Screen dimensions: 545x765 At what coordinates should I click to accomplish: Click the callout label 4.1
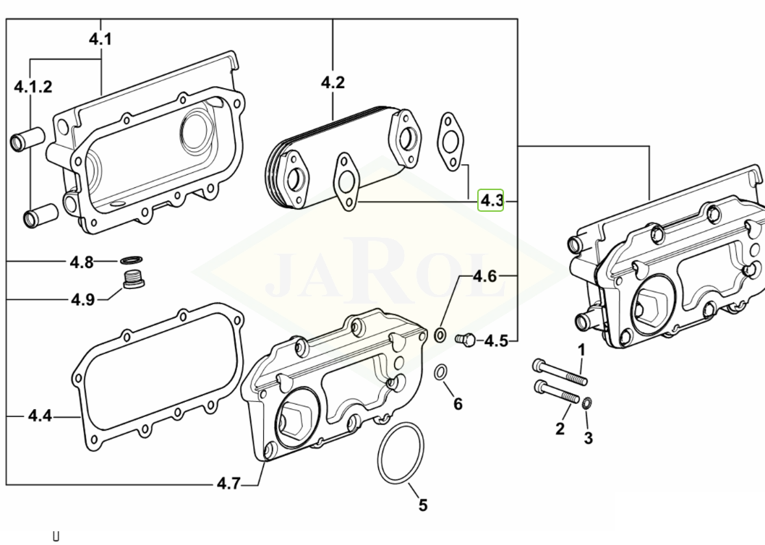[101, 39]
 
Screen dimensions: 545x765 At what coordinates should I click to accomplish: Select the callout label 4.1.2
[33, 87]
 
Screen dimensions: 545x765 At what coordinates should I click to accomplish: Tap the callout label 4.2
[333, 82]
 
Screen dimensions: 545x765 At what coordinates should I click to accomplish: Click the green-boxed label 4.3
[492, 199]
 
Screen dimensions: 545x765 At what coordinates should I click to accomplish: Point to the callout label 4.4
[40, 416]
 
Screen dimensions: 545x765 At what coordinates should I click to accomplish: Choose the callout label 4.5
[496, 340]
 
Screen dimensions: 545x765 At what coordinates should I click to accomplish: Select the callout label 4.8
[81, 262]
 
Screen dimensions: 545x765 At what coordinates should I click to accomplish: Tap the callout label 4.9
[82, 299]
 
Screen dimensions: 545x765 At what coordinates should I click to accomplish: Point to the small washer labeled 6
[440, 373]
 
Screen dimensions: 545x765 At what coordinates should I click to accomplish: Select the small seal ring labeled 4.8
[131, 260]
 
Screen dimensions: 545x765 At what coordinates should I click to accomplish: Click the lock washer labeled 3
[586, 403]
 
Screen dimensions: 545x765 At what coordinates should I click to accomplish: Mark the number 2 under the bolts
[560, 429]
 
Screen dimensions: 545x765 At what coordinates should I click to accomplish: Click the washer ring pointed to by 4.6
[440, 335]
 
